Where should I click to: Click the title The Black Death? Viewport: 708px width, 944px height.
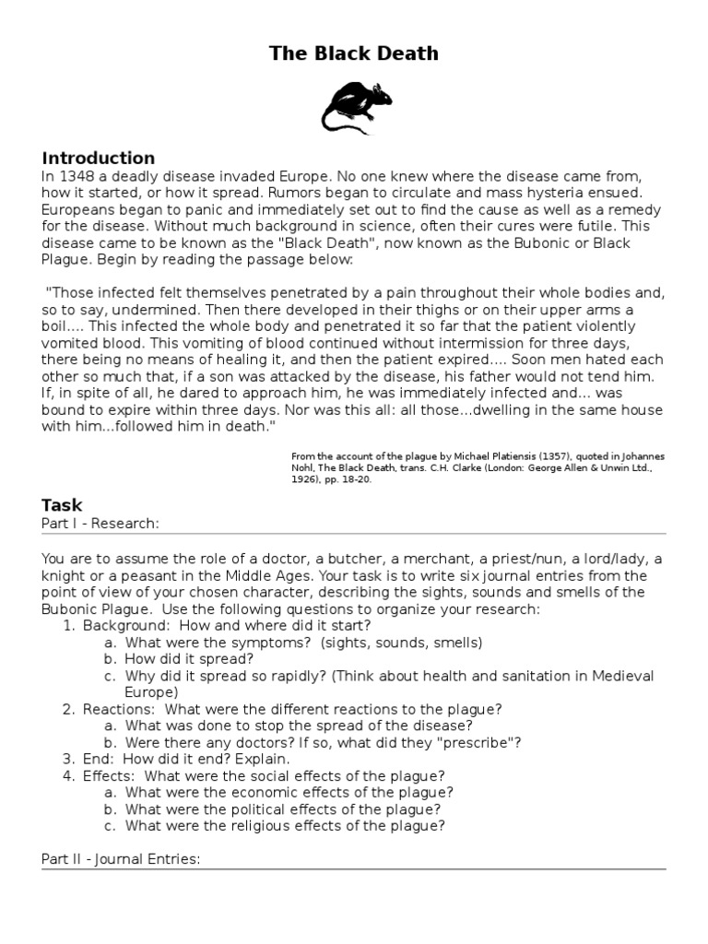(354, 54)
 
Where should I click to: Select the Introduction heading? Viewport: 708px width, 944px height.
(98, 158)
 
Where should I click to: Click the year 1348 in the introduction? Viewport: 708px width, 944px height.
(76, 176)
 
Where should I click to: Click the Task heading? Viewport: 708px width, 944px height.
(62, 505)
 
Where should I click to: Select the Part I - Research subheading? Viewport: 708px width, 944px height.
(100, 524)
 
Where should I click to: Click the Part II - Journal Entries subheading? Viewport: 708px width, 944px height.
(121, 859)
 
